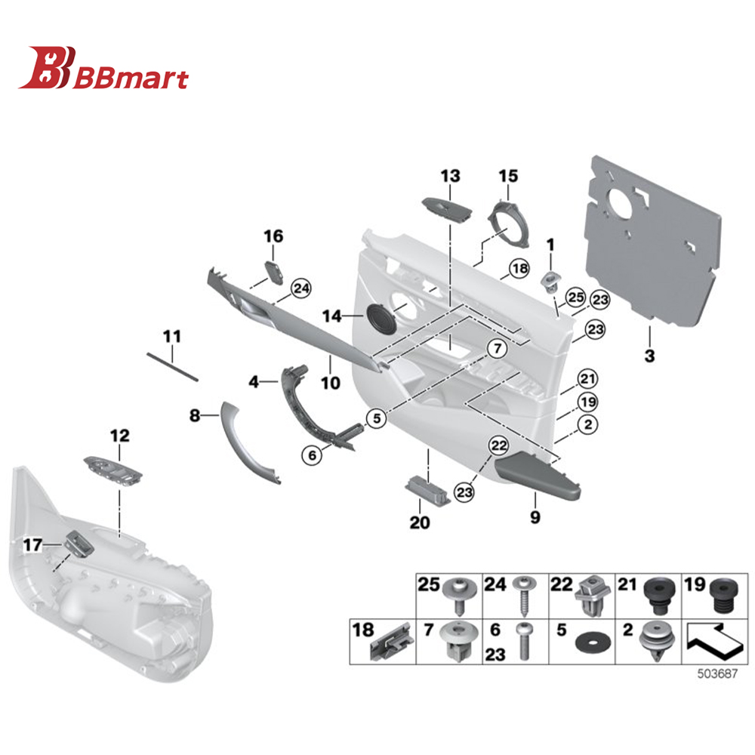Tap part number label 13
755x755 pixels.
tap(450, 177)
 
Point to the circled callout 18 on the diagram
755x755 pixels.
tap(519, 268)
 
